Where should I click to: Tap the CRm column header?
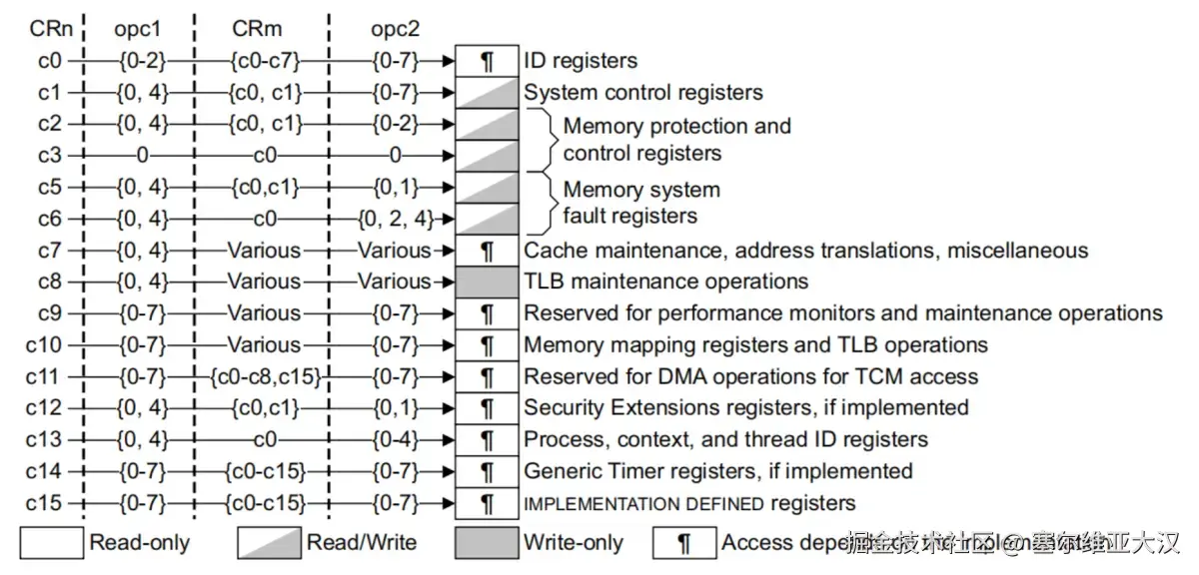pos(257,29)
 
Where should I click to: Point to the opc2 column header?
pos(394,29)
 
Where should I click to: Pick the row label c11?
pos(44,376)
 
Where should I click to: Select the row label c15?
pos(44,503)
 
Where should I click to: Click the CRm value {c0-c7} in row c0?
pos(264,61)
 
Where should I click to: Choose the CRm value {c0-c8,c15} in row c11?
pos(264,376)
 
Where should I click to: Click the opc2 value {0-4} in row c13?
pos(395,439)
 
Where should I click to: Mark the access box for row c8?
pos(488,282)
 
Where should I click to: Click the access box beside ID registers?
pos(488,61)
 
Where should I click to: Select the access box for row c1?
pos(488,93)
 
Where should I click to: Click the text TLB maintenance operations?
pos(666,282)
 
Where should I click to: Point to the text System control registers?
pos(643,93)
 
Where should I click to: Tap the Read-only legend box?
pos(51,543)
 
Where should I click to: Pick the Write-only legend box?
pos(486,543)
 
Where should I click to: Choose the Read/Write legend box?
pos(269,543)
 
